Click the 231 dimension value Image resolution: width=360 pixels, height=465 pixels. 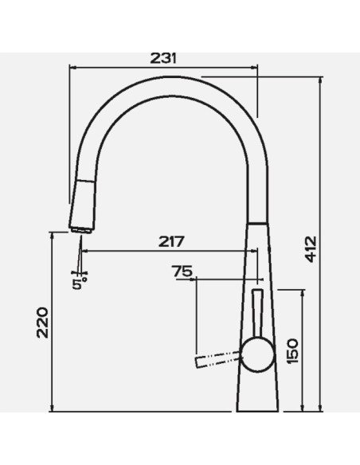tap(163, 58)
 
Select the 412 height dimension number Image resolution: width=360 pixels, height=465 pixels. tap(311, 249)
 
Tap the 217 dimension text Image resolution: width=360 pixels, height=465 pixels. tap(171, 241)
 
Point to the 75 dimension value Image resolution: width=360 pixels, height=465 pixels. tap(182, 271)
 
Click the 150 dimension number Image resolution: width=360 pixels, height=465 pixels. tap(292, 351)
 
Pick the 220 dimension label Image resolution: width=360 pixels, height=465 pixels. tap(42, 323)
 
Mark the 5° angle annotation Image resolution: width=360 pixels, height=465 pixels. tap(80, 283)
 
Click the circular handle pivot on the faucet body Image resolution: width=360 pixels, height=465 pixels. tap(257, 355)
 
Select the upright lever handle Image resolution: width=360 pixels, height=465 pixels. tap(257, 313)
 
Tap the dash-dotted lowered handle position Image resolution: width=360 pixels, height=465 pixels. tap(217, 359)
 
